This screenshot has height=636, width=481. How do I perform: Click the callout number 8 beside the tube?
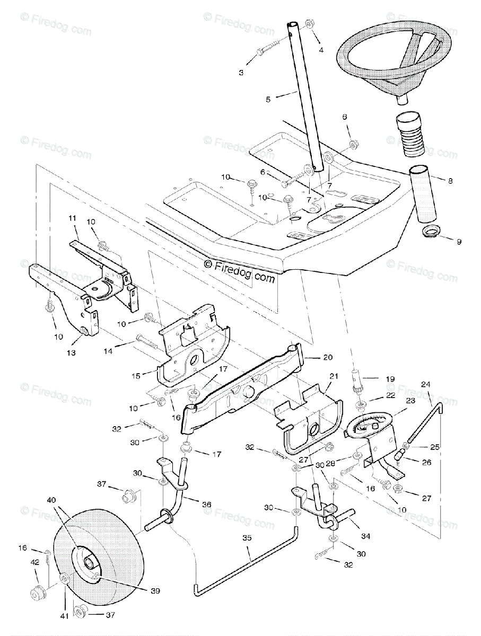point(450,180)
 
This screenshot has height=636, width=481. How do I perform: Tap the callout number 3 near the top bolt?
point(241,73)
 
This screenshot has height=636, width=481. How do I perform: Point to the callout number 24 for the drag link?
point(426,384)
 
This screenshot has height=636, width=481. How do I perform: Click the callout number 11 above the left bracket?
point(73,218)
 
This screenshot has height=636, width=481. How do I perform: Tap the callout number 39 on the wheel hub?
point(155,590)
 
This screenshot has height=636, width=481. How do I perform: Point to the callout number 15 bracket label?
point(136,376)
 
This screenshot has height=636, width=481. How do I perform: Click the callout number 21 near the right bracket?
point(333,376)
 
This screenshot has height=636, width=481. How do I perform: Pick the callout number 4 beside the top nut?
point(320,50)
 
